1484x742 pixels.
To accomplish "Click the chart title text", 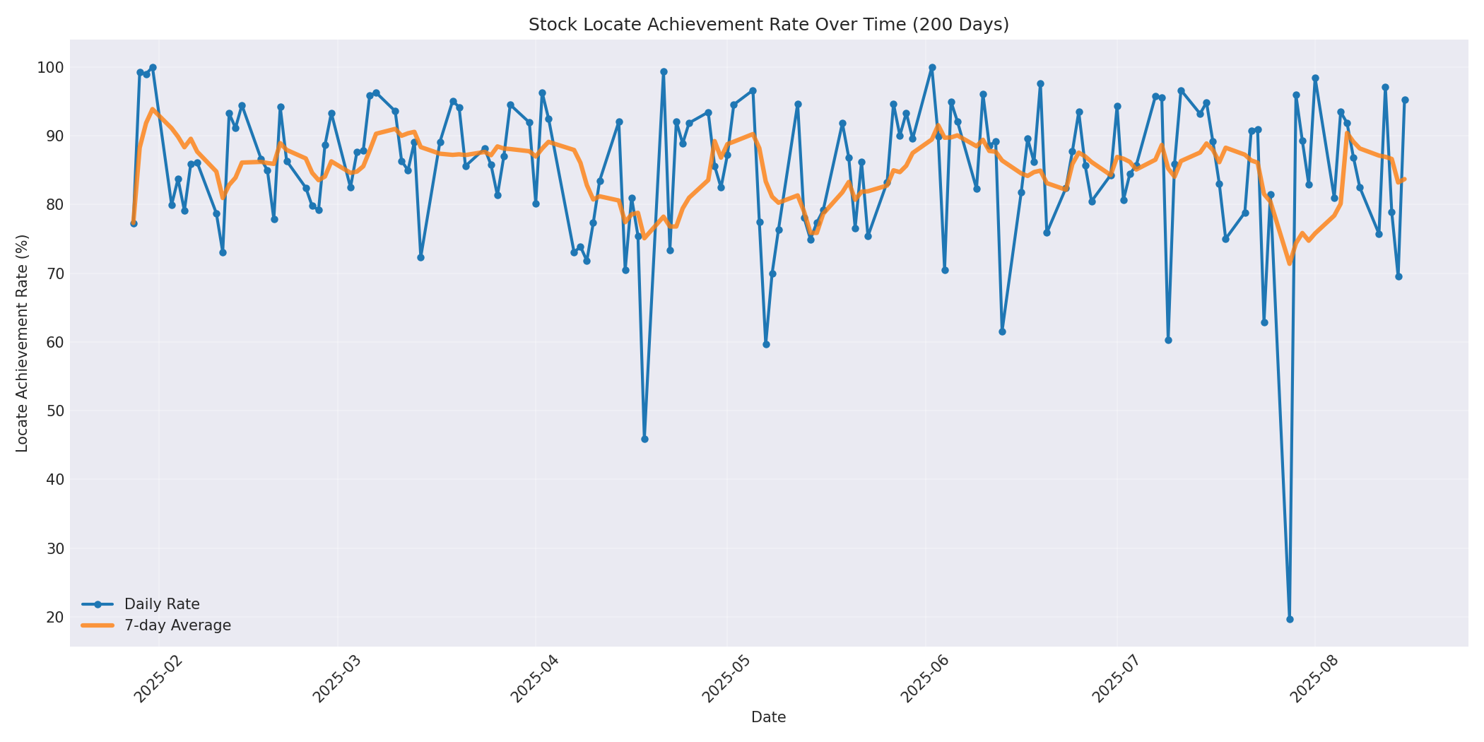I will coord(768,25).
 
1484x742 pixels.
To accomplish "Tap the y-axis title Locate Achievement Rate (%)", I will coord(22,343).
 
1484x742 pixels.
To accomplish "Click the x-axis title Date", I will coord(768,718).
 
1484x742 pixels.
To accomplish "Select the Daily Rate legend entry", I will coord(162,604).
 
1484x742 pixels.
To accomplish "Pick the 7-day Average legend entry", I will coord(177,625).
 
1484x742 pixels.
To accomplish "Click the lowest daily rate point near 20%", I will coord(1290,619).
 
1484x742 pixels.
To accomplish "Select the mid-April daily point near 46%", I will coord(644,439).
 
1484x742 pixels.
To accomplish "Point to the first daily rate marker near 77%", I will coord(134,223).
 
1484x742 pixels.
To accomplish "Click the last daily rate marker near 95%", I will coord(1405,100).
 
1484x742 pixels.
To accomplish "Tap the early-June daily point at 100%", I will coord(932,68).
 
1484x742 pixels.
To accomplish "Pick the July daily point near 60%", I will coord(1168,340).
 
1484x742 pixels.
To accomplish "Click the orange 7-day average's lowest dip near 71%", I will coord(1289,263).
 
